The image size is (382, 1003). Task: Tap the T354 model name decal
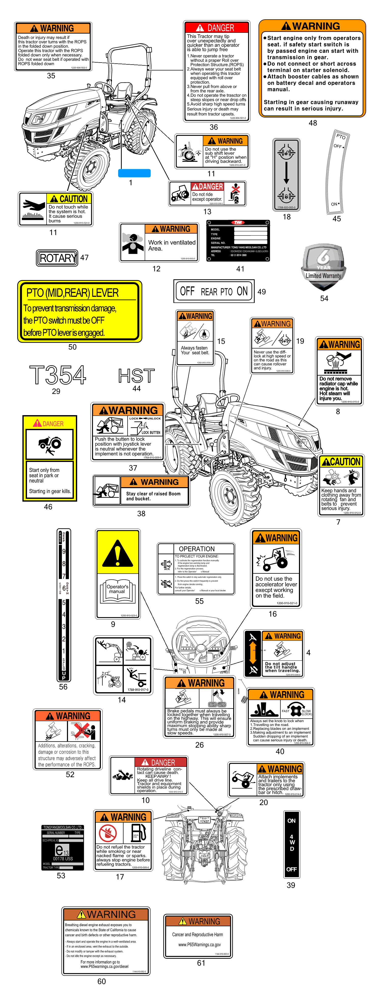58,375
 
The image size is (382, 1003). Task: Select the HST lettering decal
137,376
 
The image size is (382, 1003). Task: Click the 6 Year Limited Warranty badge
323,267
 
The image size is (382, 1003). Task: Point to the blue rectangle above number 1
134,173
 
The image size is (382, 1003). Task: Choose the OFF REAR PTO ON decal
214,291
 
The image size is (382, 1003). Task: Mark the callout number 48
313,123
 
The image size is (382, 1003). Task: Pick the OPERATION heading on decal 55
196,549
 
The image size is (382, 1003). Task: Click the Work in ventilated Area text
171,245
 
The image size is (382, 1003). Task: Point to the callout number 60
101,981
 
